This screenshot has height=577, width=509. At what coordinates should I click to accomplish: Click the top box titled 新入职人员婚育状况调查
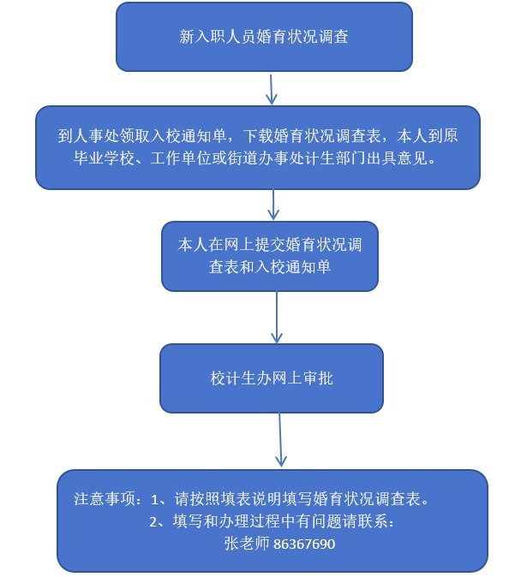coord(264,37)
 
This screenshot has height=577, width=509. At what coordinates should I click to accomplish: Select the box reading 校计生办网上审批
coord(272,378)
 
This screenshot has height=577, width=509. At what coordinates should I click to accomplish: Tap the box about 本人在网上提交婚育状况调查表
coord(270,256)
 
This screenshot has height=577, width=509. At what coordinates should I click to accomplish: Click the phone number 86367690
coord(304,544)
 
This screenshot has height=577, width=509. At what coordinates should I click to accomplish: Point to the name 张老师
coord(247,544)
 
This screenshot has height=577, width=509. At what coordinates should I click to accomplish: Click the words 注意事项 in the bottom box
coord(105,499)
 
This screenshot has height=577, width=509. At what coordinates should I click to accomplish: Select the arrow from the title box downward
coord(272,89)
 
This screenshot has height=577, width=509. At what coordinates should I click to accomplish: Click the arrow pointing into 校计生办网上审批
coord(277,318)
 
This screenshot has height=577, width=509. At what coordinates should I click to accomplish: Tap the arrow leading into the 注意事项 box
coord(280,440)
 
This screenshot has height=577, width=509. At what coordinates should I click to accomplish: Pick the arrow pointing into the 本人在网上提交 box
coord(273,205)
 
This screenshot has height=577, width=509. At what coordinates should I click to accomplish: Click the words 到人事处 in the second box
coord(88,136)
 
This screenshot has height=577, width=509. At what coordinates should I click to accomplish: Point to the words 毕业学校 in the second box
coord(104,158)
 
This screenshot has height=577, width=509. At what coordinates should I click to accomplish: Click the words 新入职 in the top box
coord(202,37)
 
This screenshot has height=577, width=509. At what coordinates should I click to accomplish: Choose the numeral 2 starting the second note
coord(153,522)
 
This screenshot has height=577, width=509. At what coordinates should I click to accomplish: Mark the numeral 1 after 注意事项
coord(155,500)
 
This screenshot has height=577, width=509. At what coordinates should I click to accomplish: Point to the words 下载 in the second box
coord(258,136)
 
